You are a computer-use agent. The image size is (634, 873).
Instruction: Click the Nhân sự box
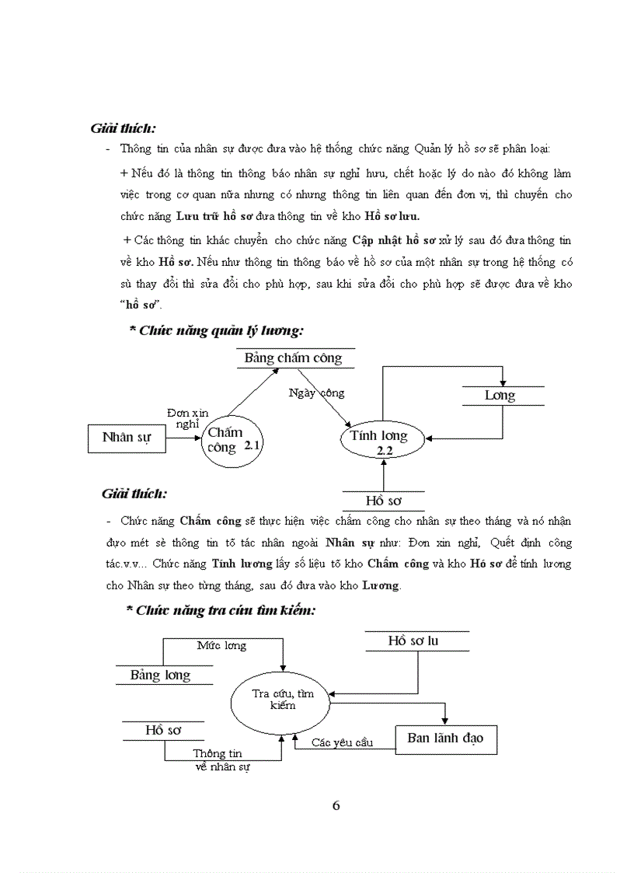click(127, 438)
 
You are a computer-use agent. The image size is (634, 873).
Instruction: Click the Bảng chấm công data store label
click(293, 358)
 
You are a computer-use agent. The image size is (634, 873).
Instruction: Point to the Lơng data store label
click(500, 396)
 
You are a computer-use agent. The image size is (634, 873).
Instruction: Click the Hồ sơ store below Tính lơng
click(384, 500)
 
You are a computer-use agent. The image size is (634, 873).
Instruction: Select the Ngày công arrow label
click(315, 393)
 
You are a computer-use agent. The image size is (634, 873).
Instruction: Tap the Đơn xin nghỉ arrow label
click(187, 417)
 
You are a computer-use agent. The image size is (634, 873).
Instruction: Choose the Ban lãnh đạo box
click(445, 739)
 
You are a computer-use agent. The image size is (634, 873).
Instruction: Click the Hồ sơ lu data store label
click(413, 641)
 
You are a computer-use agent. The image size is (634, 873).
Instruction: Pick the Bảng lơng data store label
click(160, 675)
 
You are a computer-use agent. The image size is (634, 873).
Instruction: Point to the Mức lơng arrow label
click(221, 646)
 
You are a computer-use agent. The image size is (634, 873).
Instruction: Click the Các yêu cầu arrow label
click(342, 742)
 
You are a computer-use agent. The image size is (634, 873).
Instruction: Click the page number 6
click(336, 805)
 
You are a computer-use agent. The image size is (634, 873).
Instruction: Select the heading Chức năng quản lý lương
click(216, 331)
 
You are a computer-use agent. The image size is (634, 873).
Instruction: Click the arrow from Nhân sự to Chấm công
click(184, 438)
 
